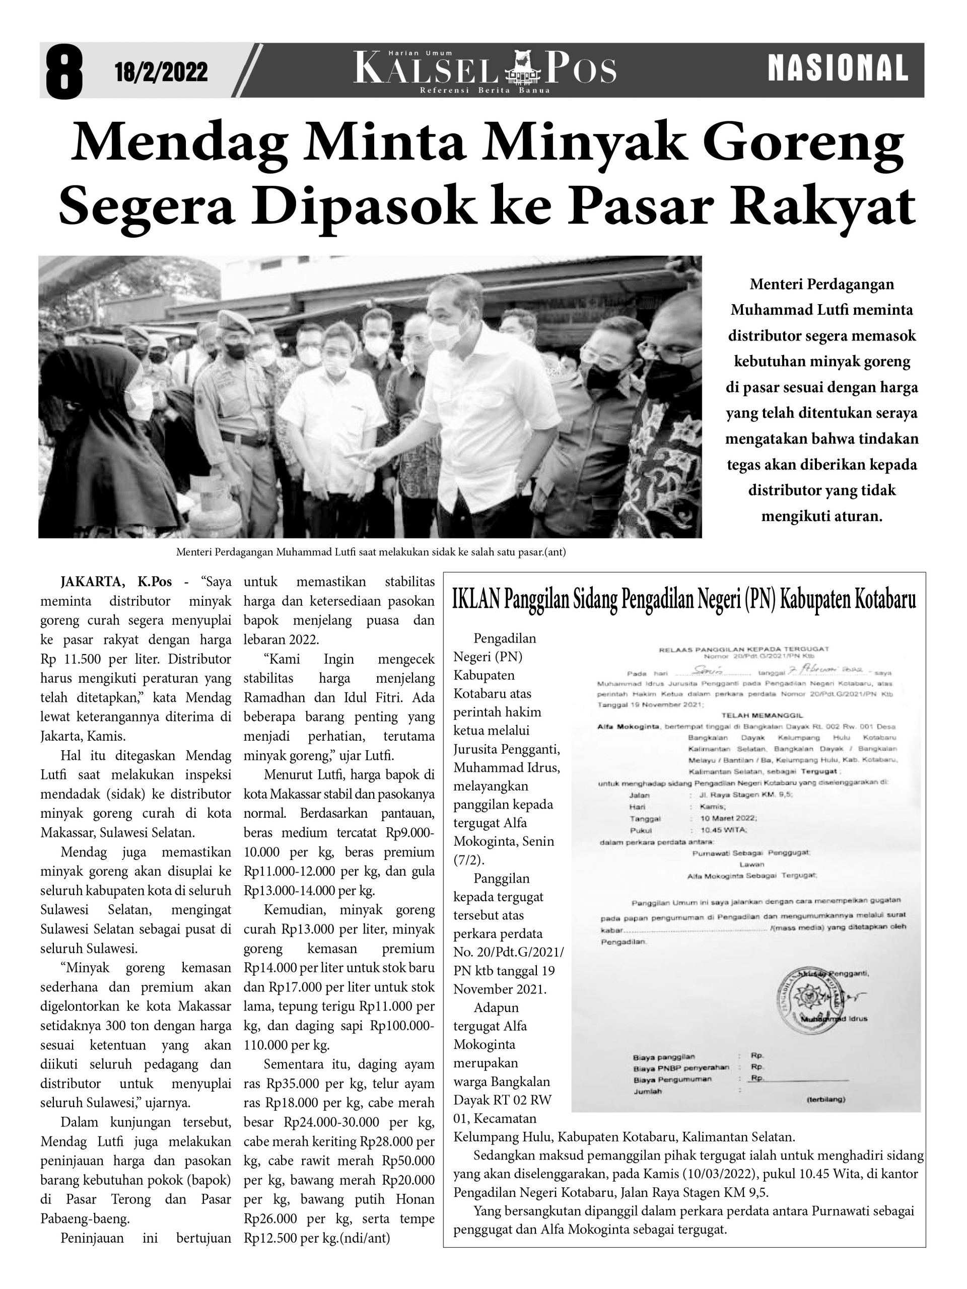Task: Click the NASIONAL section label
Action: coord(838,68)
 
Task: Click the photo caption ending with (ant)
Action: coord(371,552)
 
